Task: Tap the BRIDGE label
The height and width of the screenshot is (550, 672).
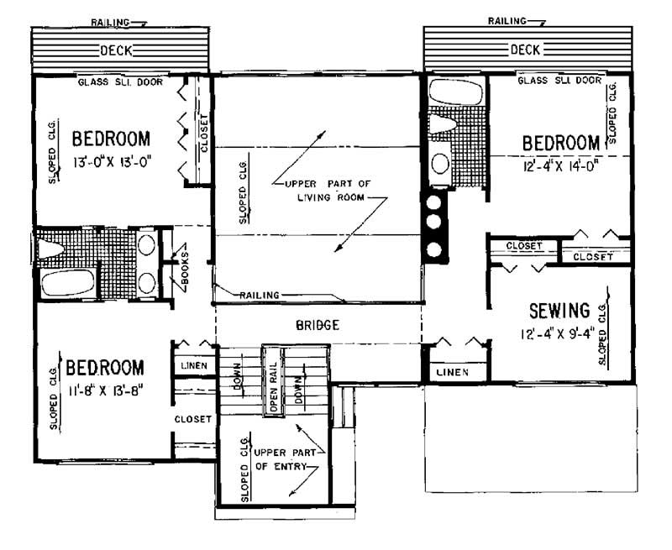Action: tap(318, 325)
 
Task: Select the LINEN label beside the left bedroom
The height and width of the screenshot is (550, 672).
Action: tap(195, 368)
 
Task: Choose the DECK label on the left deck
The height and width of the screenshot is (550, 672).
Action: tap(116, 51)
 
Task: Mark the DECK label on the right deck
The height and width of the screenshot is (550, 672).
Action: tap(526, 50)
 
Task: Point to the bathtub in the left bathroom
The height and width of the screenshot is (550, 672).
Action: tap(67, 282)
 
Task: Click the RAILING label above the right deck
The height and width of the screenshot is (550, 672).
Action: tap(509, 20)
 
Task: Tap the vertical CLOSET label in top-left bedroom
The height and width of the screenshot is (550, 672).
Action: tap(203, 134)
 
